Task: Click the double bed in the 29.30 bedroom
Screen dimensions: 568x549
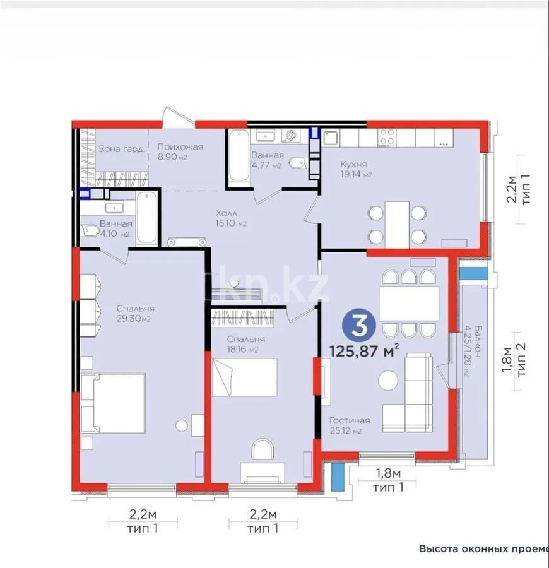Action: [x=114, y=403]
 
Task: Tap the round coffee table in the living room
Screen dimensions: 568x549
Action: [x=387, y=380]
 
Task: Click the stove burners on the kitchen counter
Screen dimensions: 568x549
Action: [x=387, y=135]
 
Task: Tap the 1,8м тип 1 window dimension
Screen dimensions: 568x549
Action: [x=387, y=479]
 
